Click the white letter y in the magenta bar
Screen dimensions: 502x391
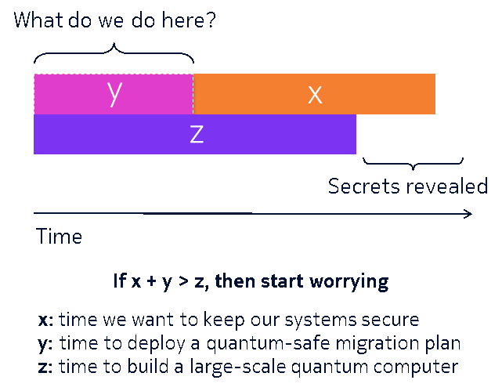click(x=114, y=93)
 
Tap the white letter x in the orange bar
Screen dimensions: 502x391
click(x=315, y=95)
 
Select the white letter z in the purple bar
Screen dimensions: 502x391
click(x=197, y=134)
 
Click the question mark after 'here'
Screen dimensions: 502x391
click(x=211, y=20)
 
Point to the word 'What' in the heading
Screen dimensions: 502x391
click(x=38, y=20)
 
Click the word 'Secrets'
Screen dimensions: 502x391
click(x=363, y=186)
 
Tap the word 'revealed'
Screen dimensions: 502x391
click(x=446, y=186)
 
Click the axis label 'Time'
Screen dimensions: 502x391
click(x=59, y=237)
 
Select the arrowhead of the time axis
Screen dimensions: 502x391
click(x=468, y=214)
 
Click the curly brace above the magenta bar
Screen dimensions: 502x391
click(x=114, y=52)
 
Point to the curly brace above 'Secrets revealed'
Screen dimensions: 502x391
click(x=413, y=164)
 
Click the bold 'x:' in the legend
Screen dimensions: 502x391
click(x=45, y=320)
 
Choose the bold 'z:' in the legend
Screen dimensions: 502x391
click(x=45, y=367)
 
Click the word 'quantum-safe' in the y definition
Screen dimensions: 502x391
click(x=269, y=344)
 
